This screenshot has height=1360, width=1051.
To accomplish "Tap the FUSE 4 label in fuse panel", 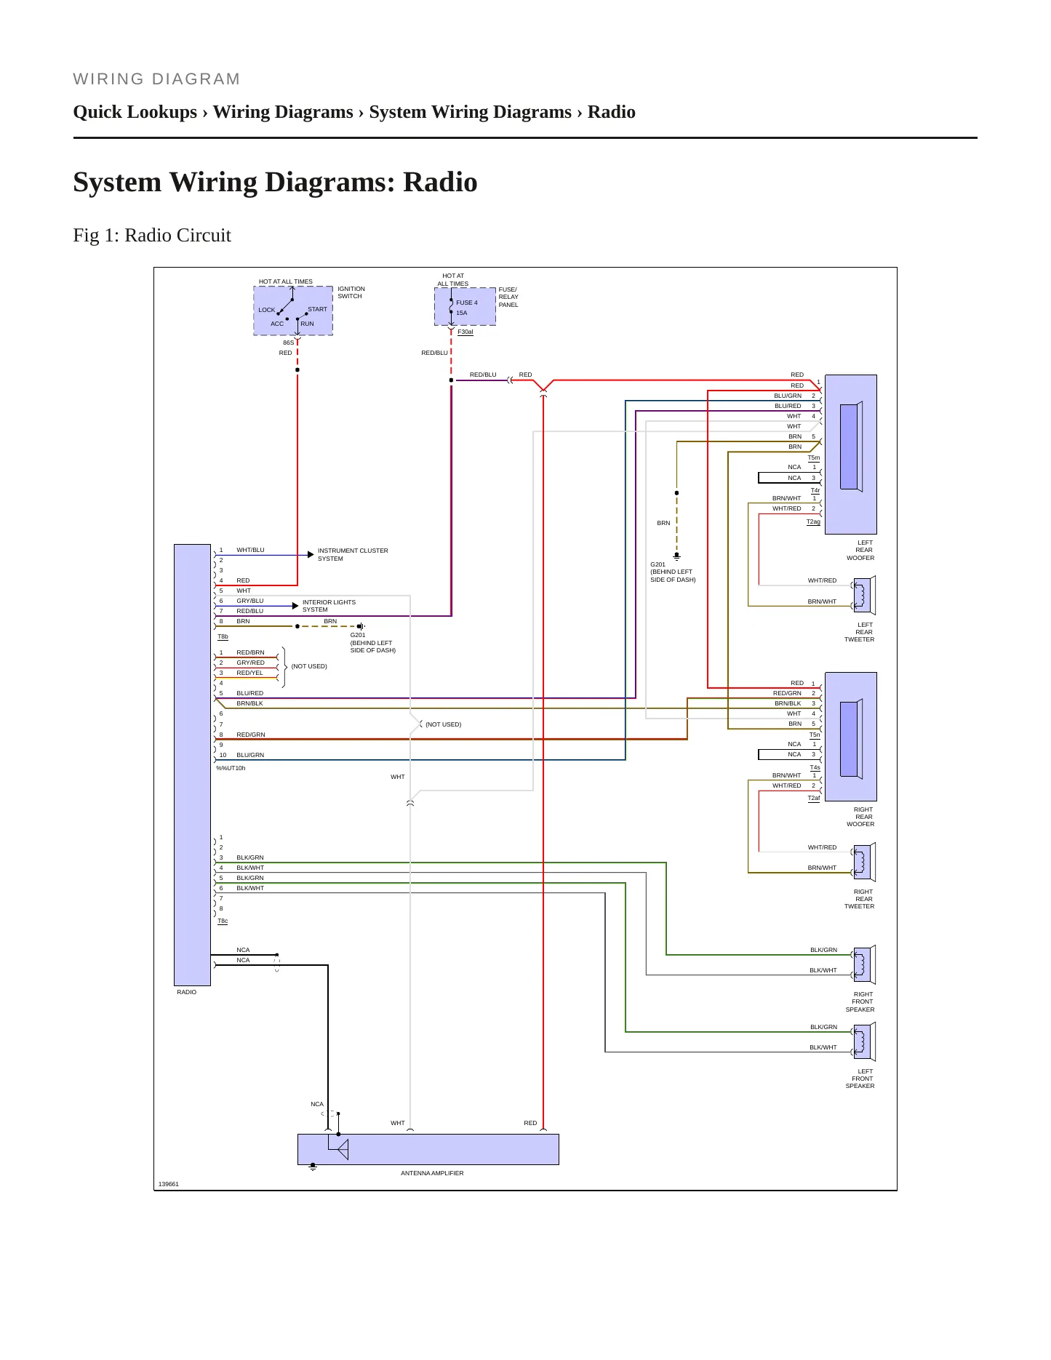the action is tap(467, 303).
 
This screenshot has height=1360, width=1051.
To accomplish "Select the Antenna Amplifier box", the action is tap(428, 1149).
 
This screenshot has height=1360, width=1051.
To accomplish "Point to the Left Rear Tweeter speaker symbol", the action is tap(863, 595).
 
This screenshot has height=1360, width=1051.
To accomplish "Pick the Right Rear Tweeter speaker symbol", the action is tap(863, 862).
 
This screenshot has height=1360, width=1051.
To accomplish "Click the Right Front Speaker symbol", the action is tap(863, 964).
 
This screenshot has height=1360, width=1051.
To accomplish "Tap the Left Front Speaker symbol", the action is tap(863, 1041).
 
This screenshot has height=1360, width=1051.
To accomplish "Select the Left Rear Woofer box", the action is tap(851, 455).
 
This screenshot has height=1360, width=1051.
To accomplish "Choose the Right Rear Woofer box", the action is tap(851, 737).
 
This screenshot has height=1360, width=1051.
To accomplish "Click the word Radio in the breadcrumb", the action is tap(612, 112).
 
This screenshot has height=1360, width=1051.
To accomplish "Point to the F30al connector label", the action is tap(465, 332).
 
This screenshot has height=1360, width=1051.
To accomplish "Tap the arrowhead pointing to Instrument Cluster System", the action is tap(311, 555).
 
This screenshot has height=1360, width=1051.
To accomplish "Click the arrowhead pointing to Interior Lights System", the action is tap(295, 606).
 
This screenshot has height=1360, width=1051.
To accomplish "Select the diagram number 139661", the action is tap(169, 1184).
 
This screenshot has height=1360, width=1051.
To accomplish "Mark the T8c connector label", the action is tap(223, 921).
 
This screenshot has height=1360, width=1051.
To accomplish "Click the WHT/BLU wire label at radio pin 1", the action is tap(250, 550).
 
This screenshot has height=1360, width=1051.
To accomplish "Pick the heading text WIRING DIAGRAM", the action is tap(156, 79).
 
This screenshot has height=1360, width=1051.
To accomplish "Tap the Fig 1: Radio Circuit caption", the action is tap(152, 236).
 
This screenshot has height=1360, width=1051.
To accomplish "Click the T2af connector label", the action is tap(814, 799).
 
